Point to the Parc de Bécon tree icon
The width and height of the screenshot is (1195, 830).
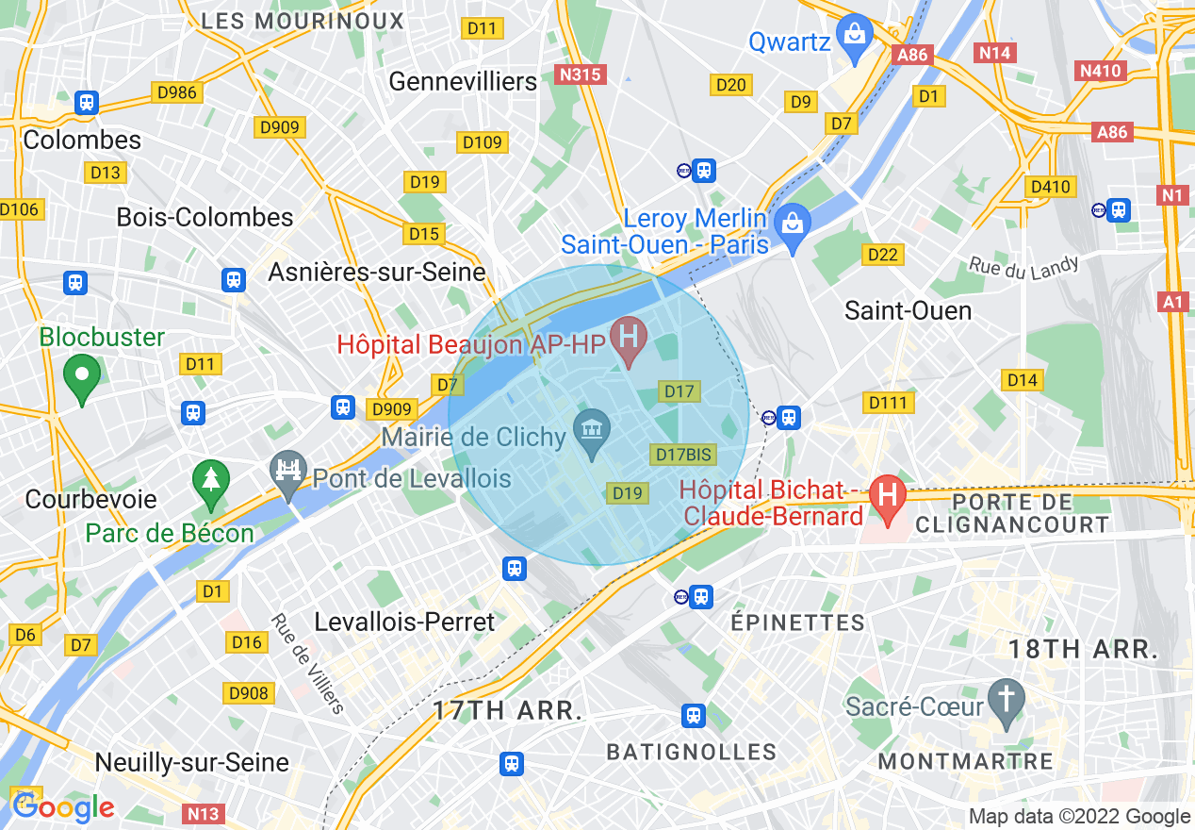[x=210, y=479]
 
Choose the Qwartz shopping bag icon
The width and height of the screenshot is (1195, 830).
[x=855, y=36]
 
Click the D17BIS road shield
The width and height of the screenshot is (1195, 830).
[x=683, y=455]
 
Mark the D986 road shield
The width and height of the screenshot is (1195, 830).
[x=177, y=92]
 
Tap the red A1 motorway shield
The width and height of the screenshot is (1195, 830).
[x=1172, y=302]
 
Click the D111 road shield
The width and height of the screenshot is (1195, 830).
[x=888, y=404]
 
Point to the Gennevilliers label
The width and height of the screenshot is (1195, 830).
[x=463, y=82]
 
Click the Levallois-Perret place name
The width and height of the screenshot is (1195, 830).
[x=404, y=622]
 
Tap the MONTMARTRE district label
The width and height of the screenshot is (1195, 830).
[x=965, y=761]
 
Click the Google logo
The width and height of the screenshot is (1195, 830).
[x=64, y=807]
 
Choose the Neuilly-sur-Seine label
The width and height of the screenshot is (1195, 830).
[x=192, y=762]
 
